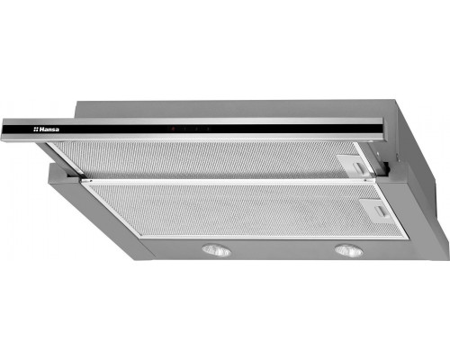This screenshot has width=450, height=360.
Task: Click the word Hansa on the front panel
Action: click(x=49, y=130)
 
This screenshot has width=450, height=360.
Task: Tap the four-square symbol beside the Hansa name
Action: click(x=36, y=130)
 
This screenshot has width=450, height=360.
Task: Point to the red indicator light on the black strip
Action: click(x=173, y=129)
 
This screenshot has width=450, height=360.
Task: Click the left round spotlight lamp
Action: click(x=216, y=250)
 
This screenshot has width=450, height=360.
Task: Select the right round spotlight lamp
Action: click(x=348, y=250)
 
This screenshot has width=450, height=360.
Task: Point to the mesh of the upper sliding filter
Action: click(x=204, y=159)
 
